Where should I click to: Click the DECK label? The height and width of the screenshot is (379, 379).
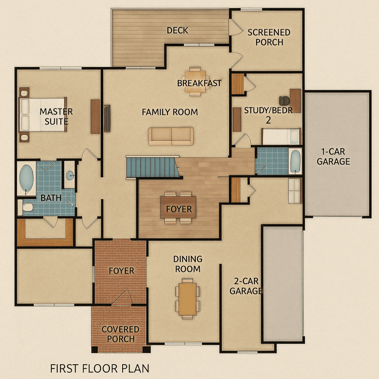[x=177, y=30]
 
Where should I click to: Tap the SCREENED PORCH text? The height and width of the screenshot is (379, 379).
[x=269, y=37]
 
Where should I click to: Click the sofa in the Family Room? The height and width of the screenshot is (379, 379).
[x=171, y=136]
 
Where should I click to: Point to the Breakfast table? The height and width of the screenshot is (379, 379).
[x=195, y=81]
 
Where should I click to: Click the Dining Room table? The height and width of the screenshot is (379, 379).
[x=187, y=299]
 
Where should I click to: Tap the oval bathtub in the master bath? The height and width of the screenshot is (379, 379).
[x=27, y=179]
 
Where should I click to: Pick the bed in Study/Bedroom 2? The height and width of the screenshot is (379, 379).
[x=281, y=136]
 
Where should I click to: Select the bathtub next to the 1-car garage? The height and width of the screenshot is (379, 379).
[x=296, y=161]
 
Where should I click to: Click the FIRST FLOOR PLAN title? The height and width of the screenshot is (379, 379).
[x=99, y=369]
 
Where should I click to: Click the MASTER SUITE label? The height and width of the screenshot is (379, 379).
[x=56, y=117]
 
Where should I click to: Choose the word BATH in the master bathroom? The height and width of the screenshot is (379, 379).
[x=51, y=198]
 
